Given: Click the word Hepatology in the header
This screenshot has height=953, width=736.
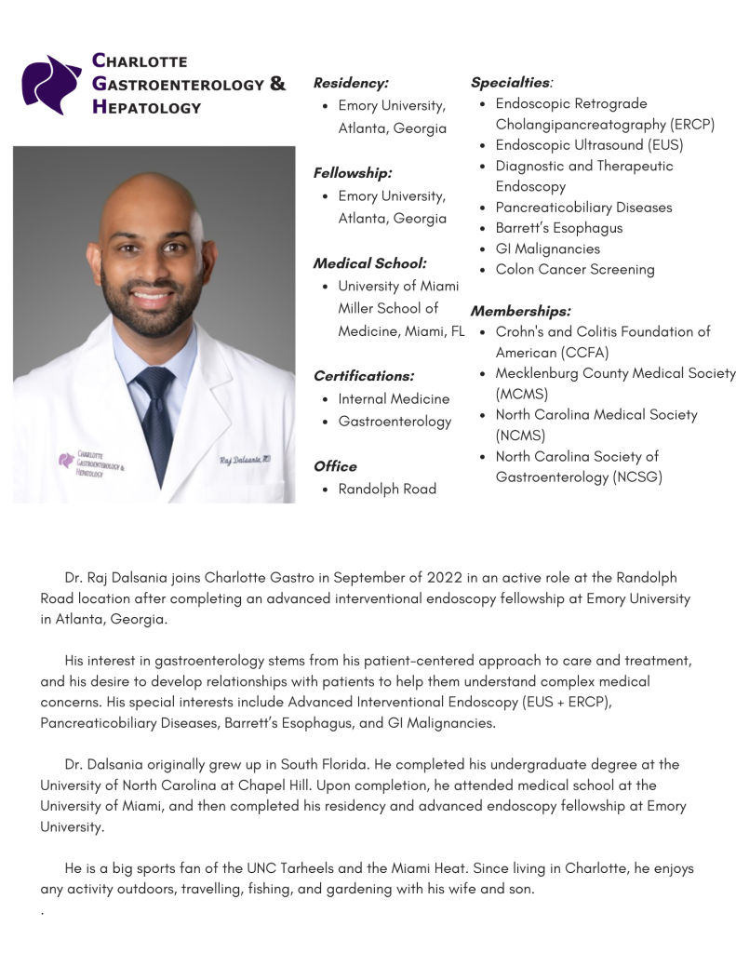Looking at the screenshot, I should [146, 107].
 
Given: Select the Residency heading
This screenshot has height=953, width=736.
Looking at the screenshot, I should [351, 83].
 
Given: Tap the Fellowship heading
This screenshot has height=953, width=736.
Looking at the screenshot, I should [353, 173].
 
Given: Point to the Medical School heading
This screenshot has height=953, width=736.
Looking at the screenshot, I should [369, 263].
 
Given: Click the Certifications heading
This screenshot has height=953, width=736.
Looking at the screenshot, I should [364, 376].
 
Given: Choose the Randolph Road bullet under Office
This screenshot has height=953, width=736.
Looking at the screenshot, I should [387, 489].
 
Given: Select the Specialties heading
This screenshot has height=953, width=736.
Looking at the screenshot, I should [511, 83].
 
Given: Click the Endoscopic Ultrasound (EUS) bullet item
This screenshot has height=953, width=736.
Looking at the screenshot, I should [589, 145].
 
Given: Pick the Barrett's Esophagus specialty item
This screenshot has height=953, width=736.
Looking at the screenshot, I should [559, 228].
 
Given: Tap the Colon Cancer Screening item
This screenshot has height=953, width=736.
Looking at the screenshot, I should [575, 270].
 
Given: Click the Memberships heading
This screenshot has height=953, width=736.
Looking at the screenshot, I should [520, 311].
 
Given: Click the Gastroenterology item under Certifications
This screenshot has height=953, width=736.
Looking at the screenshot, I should [395, 422].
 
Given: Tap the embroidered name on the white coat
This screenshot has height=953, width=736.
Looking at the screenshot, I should [245, 459].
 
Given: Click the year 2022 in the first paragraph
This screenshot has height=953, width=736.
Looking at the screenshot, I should [444, 578].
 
